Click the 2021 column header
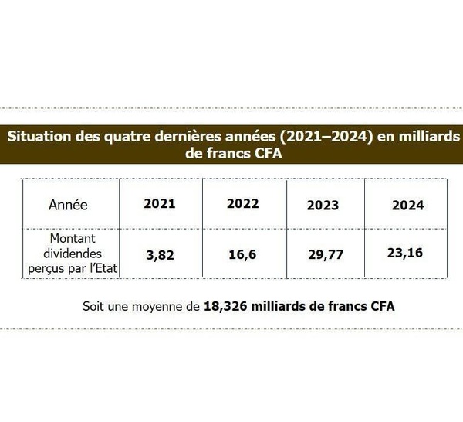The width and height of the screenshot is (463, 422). click(x=160, y=205)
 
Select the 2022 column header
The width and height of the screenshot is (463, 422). click(x=242, y=205)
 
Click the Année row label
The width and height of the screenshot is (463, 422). click(x=68, y=206)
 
